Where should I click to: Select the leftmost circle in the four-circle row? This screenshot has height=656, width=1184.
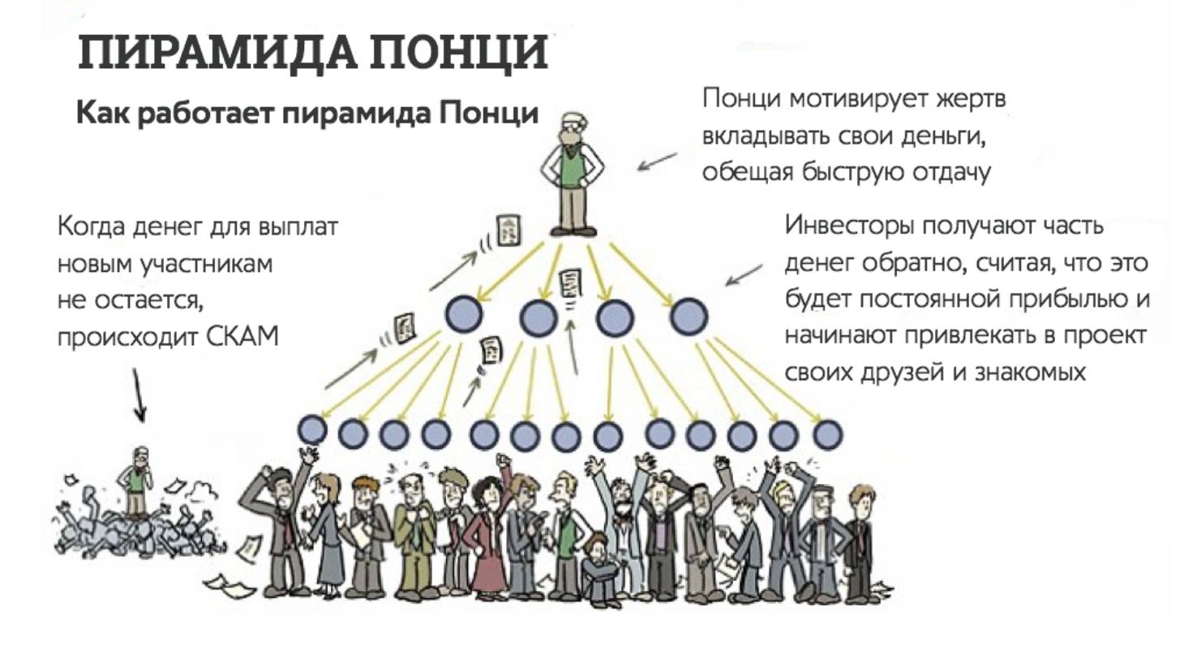click(464, 316)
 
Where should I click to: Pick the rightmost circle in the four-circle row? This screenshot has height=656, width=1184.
click(689, 316)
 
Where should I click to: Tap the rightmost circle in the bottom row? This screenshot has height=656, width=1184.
click(826, 434)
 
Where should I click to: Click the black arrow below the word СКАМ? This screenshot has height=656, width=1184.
click(139, 395)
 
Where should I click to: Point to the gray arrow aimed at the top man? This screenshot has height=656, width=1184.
click(656, 161)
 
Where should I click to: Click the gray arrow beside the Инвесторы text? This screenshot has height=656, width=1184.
click(744, 274)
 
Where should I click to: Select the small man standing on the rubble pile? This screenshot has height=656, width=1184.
click(136, 479)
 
